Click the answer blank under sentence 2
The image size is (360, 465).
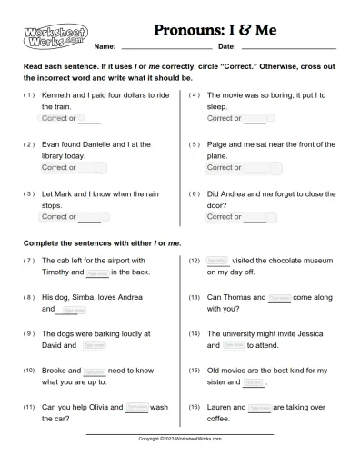(93, 167)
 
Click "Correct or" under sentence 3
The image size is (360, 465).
(59, 217)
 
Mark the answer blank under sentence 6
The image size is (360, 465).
(255, 217)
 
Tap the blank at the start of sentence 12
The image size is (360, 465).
(218, 260)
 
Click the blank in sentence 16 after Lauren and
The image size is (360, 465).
(258, 407)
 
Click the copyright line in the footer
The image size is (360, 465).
(180, 438)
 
